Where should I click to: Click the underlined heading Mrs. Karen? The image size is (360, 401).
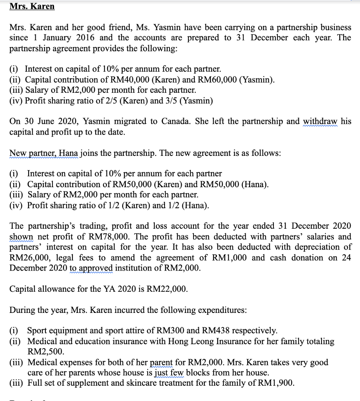coord(32,7)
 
